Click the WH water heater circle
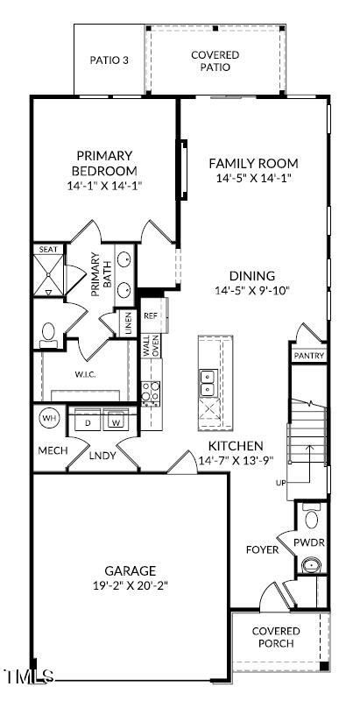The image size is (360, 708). click(49, 418)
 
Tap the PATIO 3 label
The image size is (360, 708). click(109, 60)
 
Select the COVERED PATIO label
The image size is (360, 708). click(215, 61)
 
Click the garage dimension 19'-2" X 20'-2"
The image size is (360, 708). click(130, 586)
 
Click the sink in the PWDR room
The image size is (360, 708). click(311, 564)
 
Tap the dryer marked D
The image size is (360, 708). click(87, 420)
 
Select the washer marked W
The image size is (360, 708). click(116, 420)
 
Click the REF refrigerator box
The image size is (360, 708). click(154, 315)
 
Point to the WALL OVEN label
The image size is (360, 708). click(151, 346)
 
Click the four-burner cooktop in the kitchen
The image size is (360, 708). click(151, 392)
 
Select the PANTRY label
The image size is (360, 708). click(309, 356)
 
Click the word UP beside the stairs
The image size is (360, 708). click(280, 483)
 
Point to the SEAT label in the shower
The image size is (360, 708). click(47, 249)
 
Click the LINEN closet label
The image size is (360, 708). click(128, 322)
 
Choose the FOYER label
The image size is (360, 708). click(262, 550)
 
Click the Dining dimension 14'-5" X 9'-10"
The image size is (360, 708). click(251, 290)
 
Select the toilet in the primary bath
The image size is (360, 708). click(48, 335)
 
